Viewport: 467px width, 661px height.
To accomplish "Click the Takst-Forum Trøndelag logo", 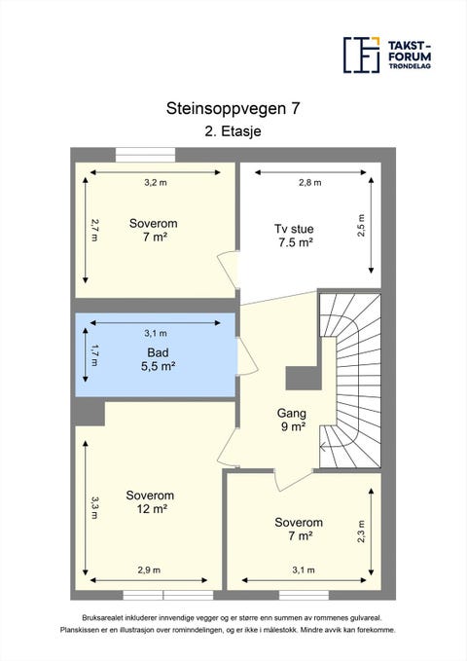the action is [x=387, y=55].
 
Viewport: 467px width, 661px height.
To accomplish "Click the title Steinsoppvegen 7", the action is [x=233, y=108].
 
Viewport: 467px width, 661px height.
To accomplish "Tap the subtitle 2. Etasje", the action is [x=233, y=131].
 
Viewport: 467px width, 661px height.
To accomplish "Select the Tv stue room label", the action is [x=295, y=236].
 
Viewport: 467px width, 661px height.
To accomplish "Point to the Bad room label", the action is [x=158, y=359].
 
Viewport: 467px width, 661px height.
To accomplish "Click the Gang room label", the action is [x=292, y=420].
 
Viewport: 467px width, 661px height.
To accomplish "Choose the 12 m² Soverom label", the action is [x=150, y=502].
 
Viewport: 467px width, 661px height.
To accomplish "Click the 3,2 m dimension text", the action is [x=156, y=183].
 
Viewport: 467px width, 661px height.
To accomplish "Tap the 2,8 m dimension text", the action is [x=310, y=183].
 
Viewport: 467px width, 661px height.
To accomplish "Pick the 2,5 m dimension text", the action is [x=361, y=226].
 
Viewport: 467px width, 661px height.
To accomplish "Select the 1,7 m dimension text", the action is [x=94, y=355].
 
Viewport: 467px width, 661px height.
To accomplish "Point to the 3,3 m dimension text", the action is [x=94, y=507].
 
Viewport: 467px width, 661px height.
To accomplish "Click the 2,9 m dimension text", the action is [x=149, y=569].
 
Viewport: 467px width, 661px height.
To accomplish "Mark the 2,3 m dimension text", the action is [x=361, y=531].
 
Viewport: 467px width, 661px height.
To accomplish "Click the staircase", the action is [x=350, y=381].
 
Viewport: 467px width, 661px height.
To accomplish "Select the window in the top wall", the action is [x=145, y=155].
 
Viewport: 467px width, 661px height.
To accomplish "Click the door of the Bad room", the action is [x=246, y=356].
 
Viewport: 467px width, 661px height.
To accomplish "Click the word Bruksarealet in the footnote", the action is [x=98, y=618].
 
